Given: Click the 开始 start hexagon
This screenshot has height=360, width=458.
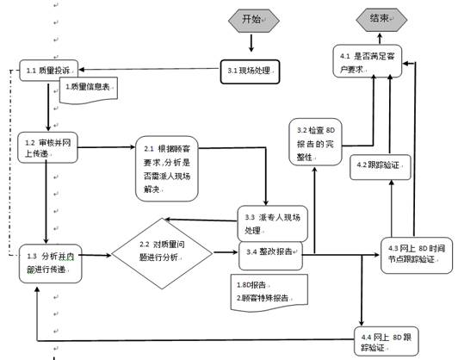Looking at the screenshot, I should click(x=251, y=19).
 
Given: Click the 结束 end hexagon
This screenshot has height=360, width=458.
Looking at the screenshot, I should click(x=379, y=19).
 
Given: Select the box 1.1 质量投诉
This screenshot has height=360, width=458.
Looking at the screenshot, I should click(x=50, y=70).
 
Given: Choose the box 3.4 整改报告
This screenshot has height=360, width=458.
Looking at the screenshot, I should click(x=271, y=252).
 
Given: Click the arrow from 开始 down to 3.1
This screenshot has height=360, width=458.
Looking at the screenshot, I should click(x=251, y=43).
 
